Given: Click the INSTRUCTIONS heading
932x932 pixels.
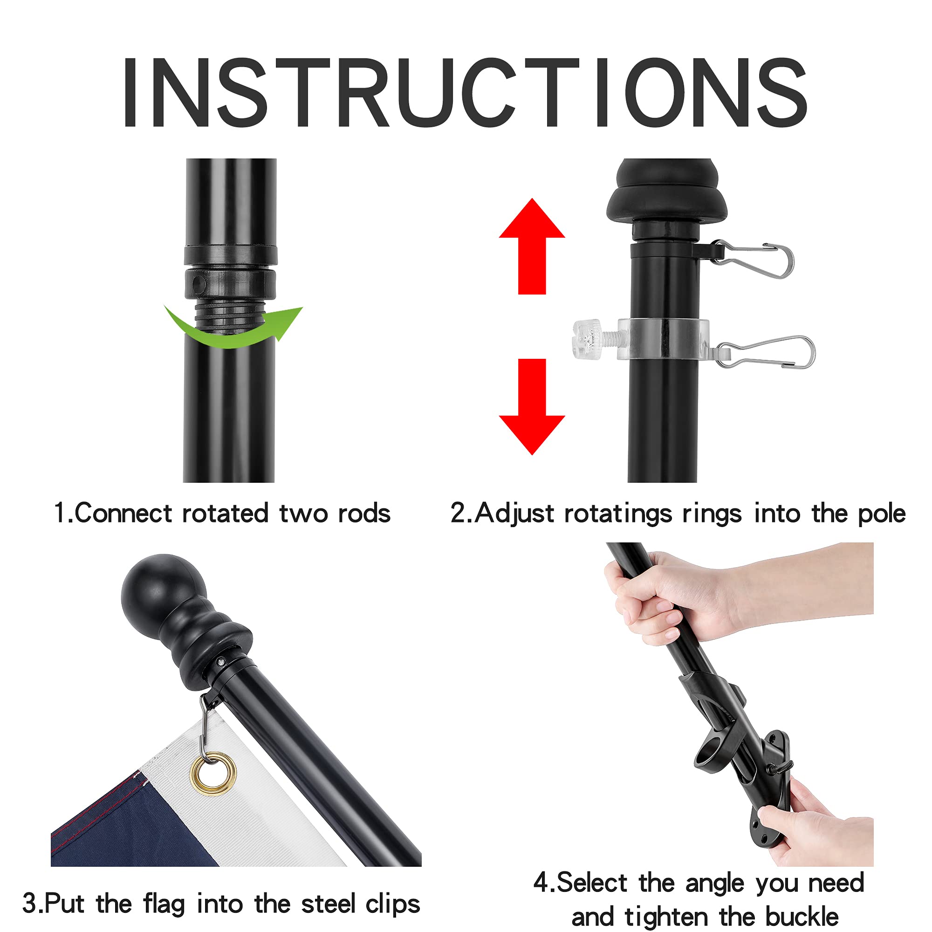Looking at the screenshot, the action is click(x=466, y=92).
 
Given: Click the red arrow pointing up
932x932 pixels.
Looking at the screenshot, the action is click(x=532, y=246).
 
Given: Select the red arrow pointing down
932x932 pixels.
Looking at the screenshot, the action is click(x=532, y=407).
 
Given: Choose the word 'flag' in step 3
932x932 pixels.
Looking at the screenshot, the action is click(x=164, y=904).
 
